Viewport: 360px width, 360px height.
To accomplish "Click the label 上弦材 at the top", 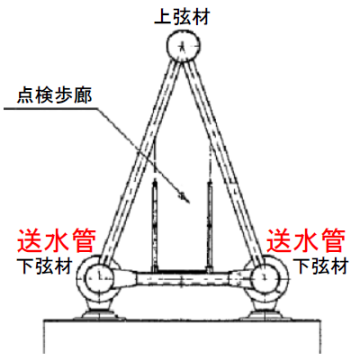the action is click(x=182, y=16).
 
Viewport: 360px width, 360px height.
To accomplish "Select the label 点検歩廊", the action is click(x=54, y=95).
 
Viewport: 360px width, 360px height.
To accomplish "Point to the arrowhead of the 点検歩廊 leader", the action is click(x=186, y=200).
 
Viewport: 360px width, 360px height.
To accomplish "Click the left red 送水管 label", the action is click(x=57, y=240).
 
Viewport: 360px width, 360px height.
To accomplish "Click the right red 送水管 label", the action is click(x=306, y=240).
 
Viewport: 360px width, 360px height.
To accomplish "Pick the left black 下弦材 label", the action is click(x=45, y=266).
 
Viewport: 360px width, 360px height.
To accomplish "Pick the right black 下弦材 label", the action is click(x=320, y=266).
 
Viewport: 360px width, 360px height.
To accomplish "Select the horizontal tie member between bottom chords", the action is click(x=182, y=279).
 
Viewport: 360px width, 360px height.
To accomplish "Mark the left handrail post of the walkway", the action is click(x=155, y=227).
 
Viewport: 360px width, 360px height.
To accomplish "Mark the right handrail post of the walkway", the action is click(x=210, y=227).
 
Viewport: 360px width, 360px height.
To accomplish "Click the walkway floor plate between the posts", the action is click(x=182, y=271).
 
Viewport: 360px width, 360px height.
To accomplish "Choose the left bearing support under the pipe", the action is click(x=99, y=312).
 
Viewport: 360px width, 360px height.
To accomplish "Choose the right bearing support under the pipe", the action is click(x=265, y=312).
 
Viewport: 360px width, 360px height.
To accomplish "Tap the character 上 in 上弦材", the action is click(x=163, y=17).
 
